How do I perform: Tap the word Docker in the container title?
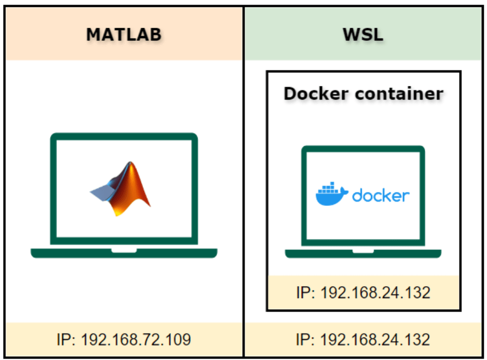(313, 94)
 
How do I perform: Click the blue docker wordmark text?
(381, 195)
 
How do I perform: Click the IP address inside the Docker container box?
(363, 292)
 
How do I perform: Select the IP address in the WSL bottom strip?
(363, 340)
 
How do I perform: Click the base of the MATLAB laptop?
(124, 253)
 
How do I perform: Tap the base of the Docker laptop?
(363, 254)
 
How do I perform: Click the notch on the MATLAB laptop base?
(124, 250)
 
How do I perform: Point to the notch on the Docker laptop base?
(363, 251)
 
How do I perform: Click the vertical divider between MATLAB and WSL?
(243, 183)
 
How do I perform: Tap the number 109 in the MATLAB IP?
(177, 340)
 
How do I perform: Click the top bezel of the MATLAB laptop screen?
(124, 137)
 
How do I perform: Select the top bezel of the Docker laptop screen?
(363, 149)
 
